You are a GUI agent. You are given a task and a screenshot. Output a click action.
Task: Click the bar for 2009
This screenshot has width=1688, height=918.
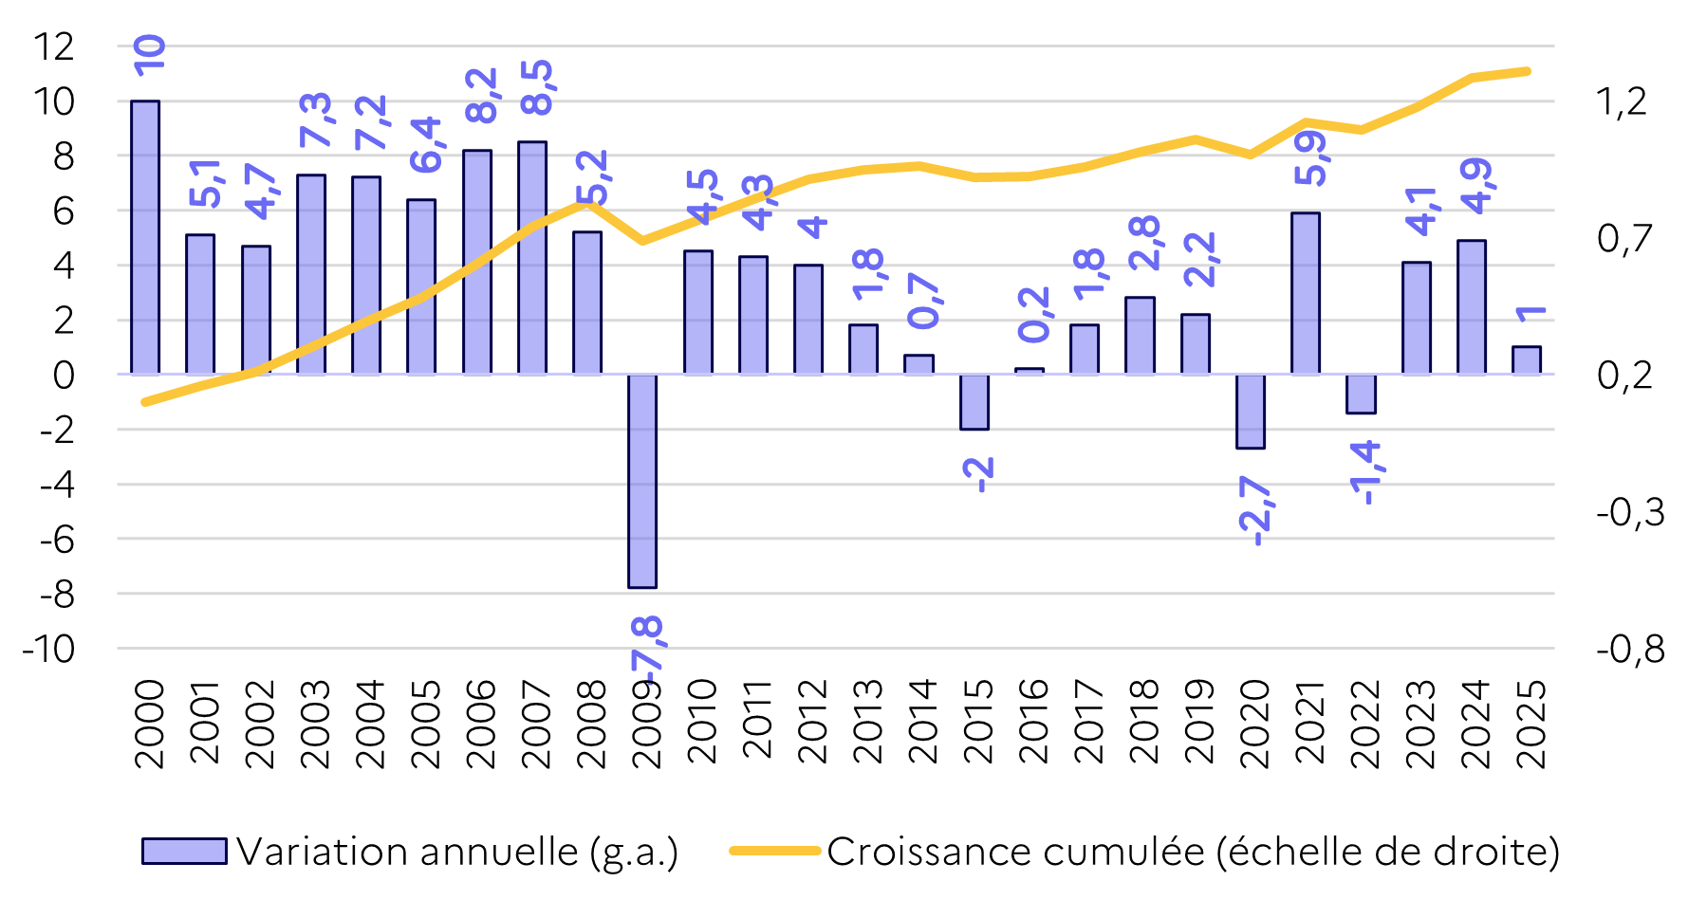642,481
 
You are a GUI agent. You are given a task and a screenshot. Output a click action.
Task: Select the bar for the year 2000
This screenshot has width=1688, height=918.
145,237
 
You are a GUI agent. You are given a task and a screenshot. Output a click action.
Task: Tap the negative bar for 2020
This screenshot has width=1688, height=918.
1251,412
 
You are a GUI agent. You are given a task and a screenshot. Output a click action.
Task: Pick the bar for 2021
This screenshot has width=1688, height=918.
1306,294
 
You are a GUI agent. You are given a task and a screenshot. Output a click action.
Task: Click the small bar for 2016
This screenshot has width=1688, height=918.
1029,371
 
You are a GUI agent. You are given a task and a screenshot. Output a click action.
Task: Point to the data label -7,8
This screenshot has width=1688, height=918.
651,649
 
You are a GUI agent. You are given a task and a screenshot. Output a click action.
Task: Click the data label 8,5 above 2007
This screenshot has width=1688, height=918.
538,87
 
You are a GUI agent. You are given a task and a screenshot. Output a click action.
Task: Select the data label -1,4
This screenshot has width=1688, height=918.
1366,472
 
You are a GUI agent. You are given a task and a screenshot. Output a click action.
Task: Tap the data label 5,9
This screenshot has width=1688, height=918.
1311,158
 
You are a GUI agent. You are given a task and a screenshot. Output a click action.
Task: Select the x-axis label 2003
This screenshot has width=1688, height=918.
315,723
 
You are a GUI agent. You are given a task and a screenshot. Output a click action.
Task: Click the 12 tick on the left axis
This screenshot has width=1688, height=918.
53,46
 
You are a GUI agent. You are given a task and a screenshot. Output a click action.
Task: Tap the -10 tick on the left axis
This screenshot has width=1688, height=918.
48,650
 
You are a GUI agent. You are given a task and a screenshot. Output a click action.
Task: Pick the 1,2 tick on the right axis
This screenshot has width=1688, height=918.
1622,101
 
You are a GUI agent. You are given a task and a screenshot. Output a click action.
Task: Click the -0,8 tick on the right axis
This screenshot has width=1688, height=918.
1630,650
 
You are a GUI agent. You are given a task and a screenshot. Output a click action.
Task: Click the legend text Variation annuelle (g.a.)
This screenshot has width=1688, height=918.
457,852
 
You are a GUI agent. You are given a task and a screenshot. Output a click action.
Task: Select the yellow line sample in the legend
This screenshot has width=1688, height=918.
774,851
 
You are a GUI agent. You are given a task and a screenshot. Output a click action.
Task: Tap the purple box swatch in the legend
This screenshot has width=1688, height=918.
184,852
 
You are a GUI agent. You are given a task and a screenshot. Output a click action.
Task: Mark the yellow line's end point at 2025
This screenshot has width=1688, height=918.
1527,71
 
